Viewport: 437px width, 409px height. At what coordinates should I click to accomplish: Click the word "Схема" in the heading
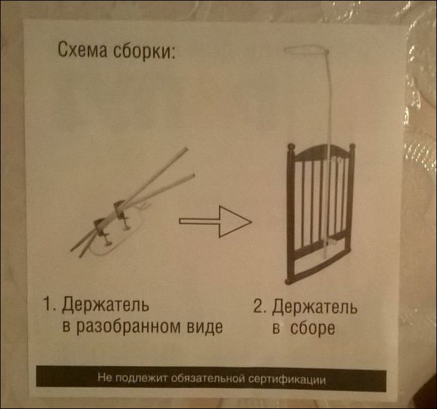(x=82, y=50)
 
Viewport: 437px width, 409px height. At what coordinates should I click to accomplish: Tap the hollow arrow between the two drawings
(x=215, y=222)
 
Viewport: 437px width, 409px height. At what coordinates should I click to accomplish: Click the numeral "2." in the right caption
(x=260, y=306)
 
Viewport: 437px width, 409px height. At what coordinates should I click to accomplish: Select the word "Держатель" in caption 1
(x=105, y=304)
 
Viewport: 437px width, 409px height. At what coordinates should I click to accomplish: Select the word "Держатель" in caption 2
(x=314, y=308)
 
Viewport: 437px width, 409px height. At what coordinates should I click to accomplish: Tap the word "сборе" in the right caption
(x=312, y=329)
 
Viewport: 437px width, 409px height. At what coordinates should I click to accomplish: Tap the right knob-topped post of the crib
(x=352, y=195)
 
